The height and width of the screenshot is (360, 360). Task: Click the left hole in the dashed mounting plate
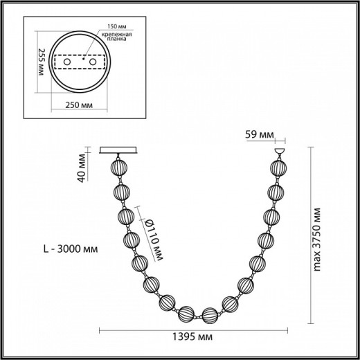[67, 62]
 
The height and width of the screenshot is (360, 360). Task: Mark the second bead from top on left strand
[123, 192]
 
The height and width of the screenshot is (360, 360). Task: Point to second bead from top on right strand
[276, 192]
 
